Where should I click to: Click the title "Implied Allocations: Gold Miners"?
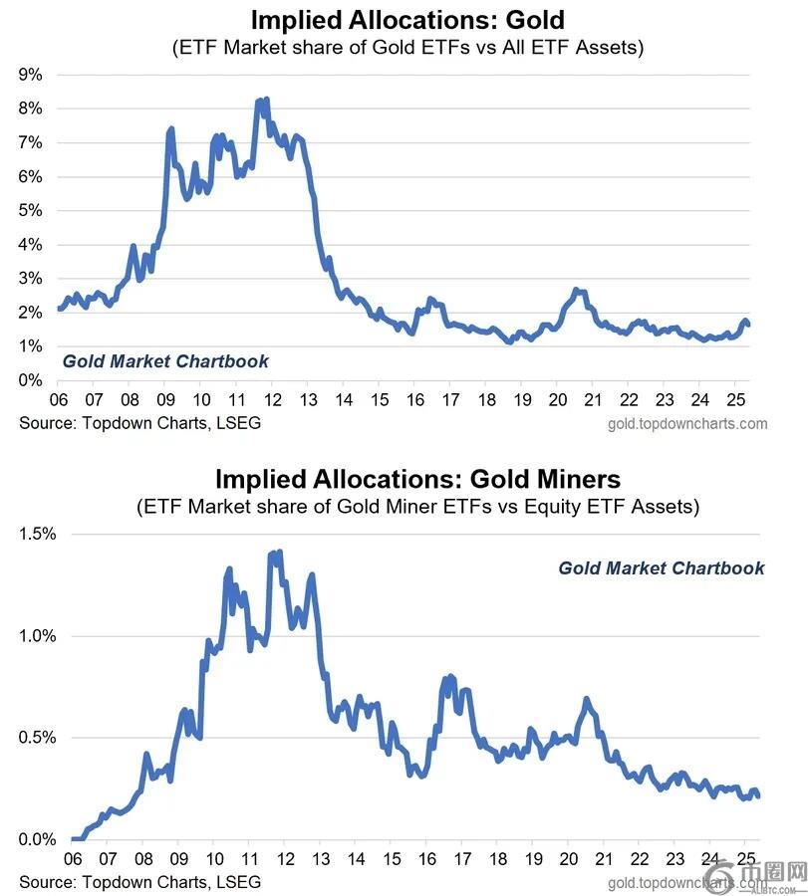coord(417,479)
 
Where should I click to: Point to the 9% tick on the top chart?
coord(30,74)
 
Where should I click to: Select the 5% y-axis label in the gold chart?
coord(30,210)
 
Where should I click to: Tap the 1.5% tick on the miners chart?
coord(39,534)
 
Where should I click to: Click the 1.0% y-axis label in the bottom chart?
coord(39,636)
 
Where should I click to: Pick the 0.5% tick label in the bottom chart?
coord(39,738)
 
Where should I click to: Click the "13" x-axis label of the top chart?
coord(308,400)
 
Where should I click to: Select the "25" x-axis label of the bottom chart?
coord(746,859)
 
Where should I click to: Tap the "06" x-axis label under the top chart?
coord(60,400)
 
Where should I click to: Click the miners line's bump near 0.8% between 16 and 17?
coord(450,678)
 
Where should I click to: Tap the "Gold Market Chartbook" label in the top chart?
coord(165,361)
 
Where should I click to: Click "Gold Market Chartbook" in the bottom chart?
coord(662,568)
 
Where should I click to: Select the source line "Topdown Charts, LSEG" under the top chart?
coord(139,423)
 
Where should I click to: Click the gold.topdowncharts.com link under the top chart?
coord(687,423)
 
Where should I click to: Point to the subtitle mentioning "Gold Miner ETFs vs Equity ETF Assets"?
coord(417,507)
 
